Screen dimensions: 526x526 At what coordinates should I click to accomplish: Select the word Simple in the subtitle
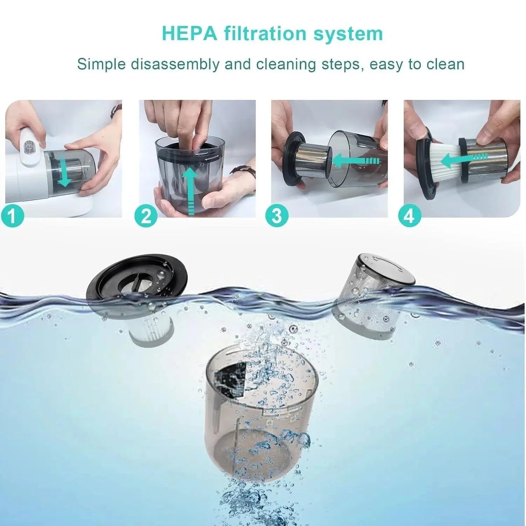(x=101, y=65)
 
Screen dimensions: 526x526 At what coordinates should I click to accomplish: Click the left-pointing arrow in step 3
(x=354, y=161)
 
